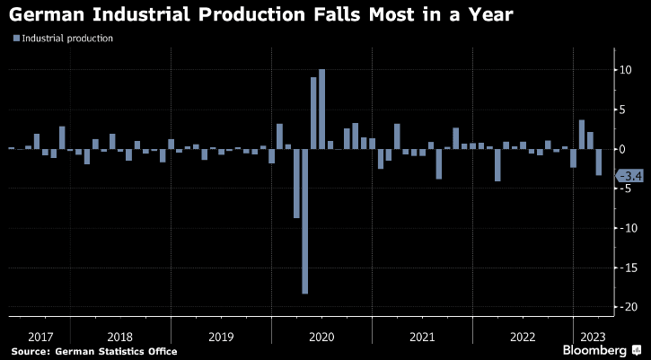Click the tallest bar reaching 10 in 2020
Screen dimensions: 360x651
[x=322, y=109]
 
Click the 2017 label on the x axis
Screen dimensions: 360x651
[x=40, y=336]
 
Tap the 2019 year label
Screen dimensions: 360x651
[x=220, y=336]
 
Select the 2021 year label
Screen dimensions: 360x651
[x=423, y=336]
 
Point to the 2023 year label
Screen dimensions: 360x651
[x=593, y=336]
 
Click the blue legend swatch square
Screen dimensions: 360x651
[x=15, y=39]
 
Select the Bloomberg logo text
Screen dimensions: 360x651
[x=595, y=349]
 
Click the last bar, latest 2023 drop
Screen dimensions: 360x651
[x=599, y=162]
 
